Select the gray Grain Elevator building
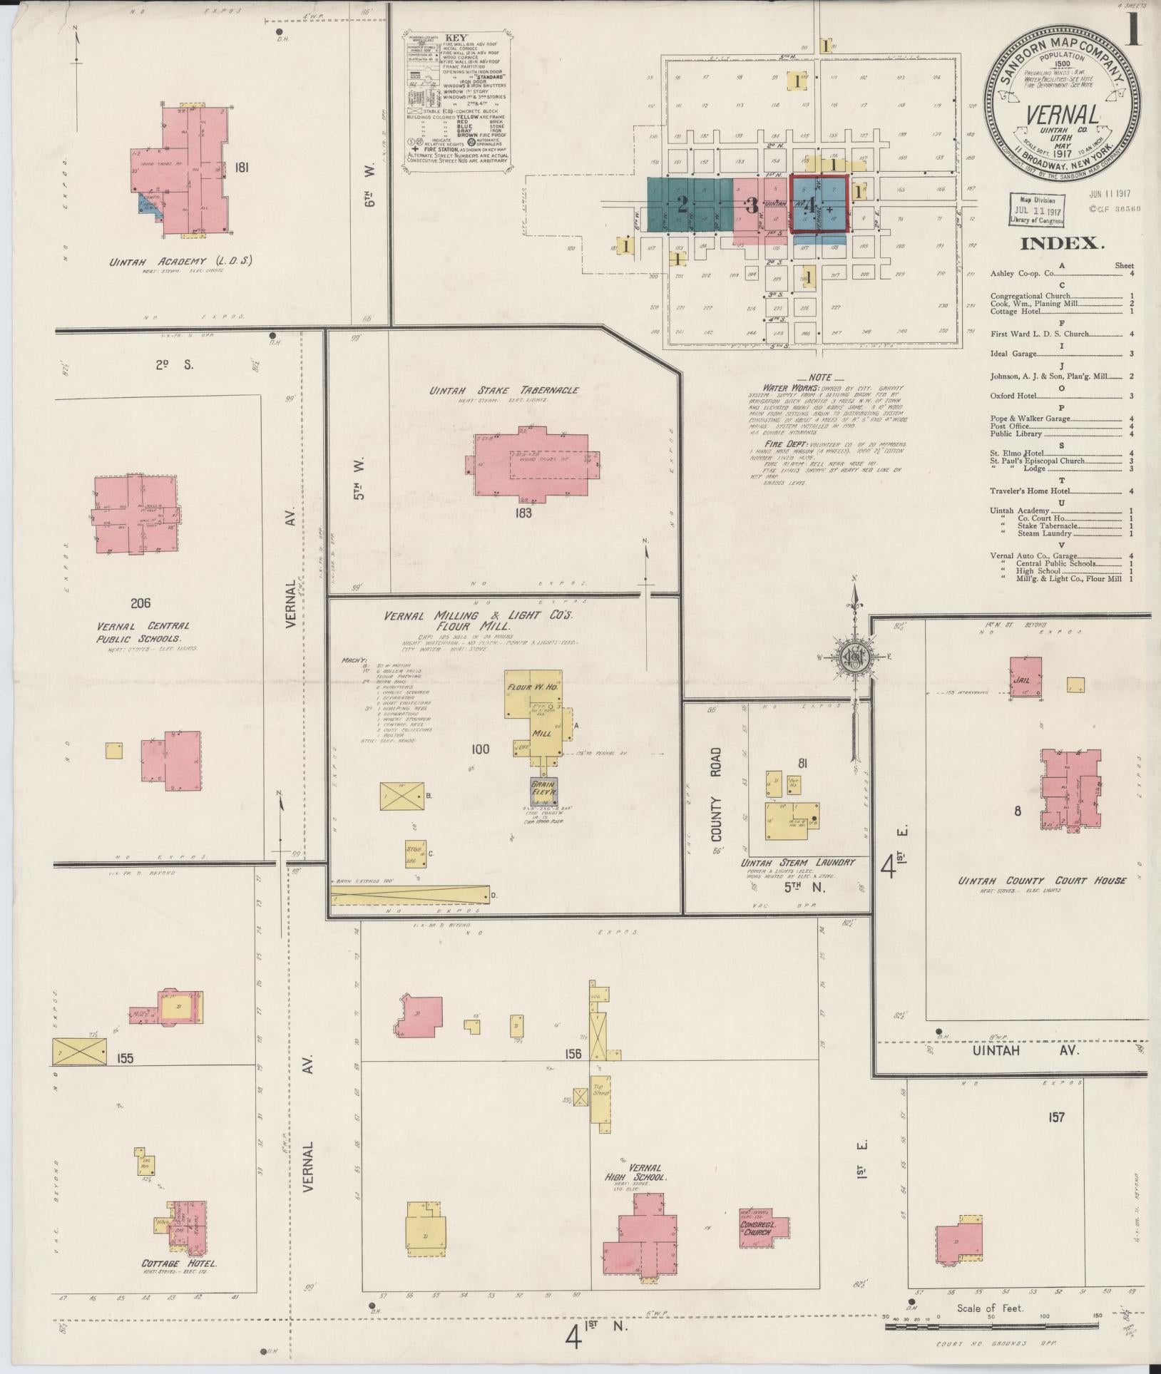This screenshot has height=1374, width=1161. [x=543, y=790]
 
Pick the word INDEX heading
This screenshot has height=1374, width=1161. [x=1062, y=243]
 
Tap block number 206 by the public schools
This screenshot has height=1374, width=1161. [x=140, y=603]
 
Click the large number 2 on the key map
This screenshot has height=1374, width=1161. [x=682, y=206]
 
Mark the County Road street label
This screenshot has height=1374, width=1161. [x=716, y=794]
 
